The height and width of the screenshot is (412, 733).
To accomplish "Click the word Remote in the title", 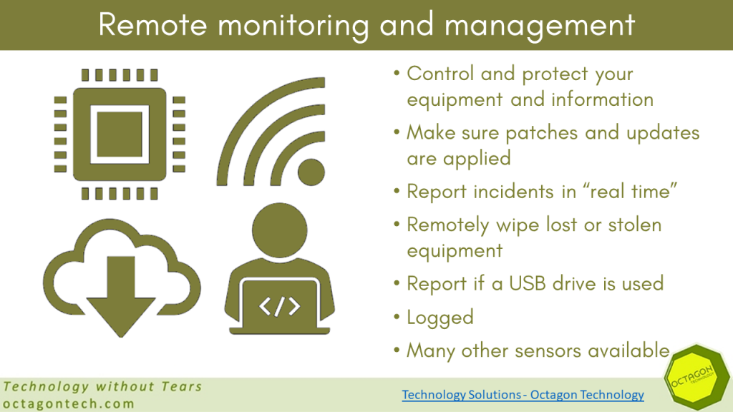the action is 152,24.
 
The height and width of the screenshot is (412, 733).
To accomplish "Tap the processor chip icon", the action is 120,134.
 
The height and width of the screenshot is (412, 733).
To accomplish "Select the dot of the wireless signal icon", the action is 311,172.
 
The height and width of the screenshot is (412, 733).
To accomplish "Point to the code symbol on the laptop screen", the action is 280,306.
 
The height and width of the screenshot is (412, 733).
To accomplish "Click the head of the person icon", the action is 280,230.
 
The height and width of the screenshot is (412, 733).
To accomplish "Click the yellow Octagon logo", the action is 697,378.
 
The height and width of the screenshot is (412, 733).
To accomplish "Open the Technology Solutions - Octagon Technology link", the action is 523,395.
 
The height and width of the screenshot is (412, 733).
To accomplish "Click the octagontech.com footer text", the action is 69,403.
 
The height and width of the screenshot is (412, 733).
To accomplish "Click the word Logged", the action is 440,318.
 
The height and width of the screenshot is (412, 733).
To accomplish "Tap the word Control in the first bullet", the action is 440,74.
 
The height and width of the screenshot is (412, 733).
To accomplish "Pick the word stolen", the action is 635,225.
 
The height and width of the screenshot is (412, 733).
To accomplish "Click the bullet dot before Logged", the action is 397,317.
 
